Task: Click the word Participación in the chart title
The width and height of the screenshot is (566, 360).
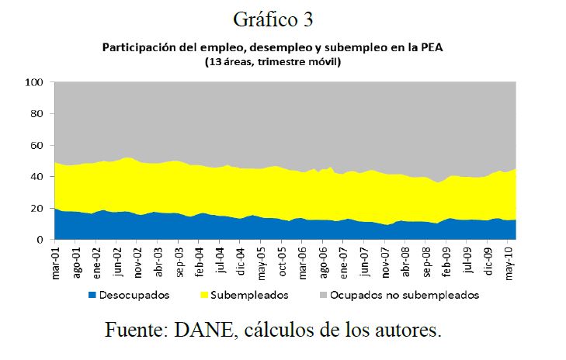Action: tap(139, 47)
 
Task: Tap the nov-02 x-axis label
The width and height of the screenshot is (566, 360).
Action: tap(138, 262)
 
